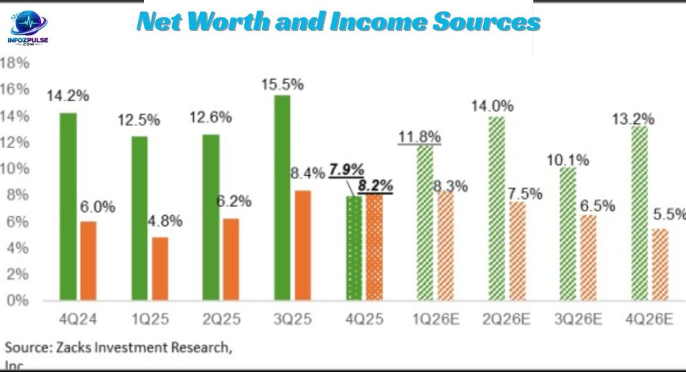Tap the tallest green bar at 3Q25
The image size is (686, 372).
tap(282, 197)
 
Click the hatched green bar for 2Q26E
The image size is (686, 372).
tap(496, 208)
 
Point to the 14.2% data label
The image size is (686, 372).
tap(68, 96)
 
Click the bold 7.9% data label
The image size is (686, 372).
tap(346, 170)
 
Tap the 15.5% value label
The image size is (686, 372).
tap(282, 85)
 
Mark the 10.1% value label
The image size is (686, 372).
tap(567, 160)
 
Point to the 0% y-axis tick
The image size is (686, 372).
tap(17, 300)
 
